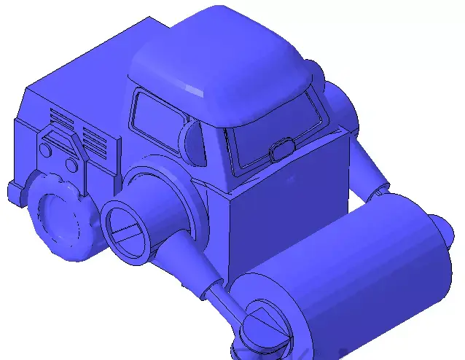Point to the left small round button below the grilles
tap(45, 149)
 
